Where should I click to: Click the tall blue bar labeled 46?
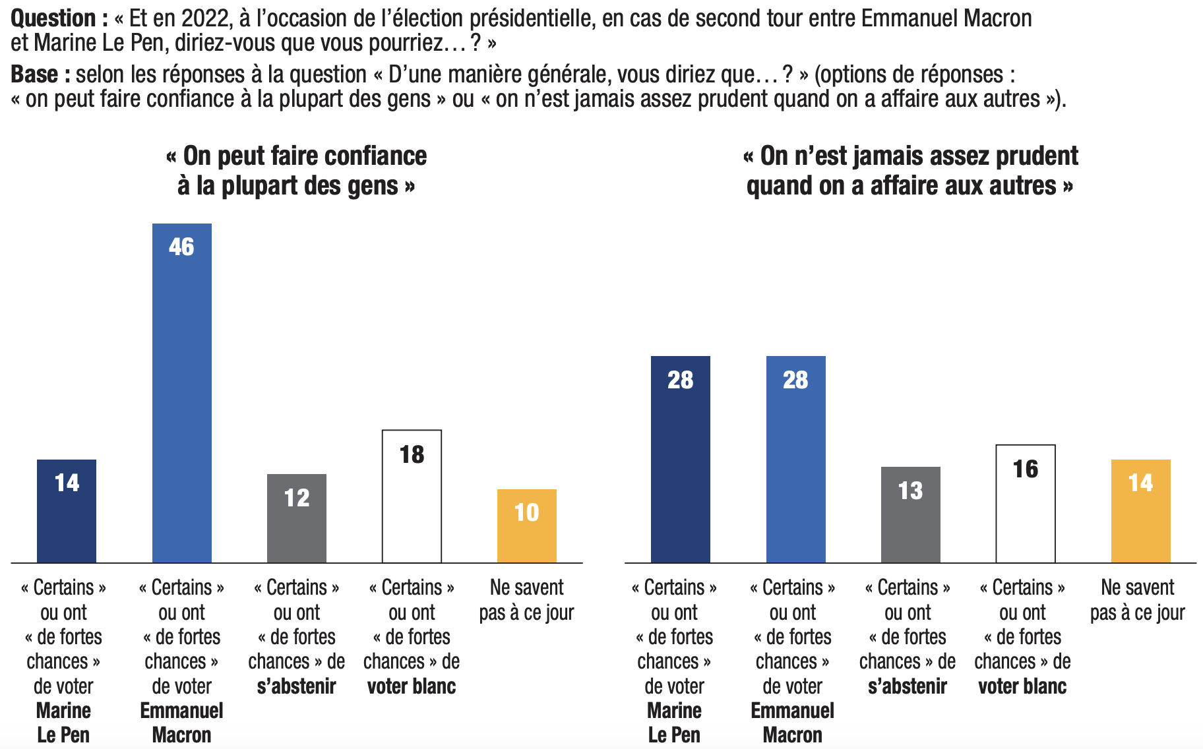tap(181, 396)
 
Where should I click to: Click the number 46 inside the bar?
tap(181, 247)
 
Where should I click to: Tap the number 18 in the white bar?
tap(412, 454)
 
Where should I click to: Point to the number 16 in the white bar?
tap(1025, 469)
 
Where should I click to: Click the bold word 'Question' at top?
tap(53, 18)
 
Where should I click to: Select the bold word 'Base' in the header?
tap(34, 75)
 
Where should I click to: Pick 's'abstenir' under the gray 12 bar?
tap(296, 686)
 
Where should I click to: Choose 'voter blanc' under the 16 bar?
tap(1022, 686)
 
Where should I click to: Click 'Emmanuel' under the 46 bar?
tap(181, 711)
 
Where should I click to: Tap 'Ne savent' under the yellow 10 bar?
tap(526, 587)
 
